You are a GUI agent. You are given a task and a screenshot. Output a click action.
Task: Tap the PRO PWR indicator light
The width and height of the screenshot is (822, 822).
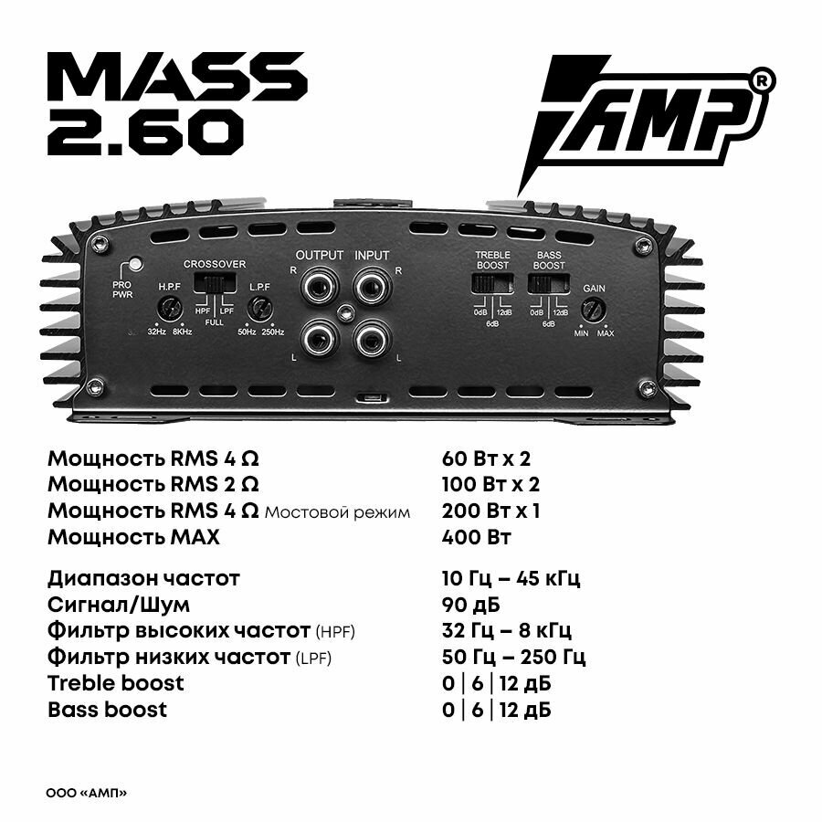coord(135,265)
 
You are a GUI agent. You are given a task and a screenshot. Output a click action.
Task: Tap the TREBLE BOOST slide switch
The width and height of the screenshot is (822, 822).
coord(491,283)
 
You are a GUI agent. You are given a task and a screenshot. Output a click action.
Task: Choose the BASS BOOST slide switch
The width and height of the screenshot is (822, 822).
coord(548,283)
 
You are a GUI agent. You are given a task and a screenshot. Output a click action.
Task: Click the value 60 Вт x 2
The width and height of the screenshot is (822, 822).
coord(485,458)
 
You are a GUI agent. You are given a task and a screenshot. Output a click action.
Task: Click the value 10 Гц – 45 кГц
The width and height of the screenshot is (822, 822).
coord(511,578)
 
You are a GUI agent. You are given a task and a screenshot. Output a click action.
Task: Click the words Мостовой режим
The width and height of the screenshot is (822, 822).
coord(337,512)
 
